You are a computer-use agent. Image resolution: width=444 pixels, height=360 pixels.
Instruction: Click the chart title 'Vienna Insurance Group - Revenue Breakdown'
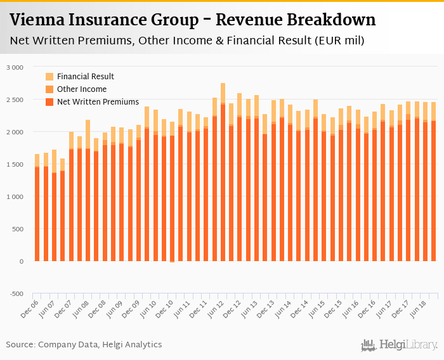193,20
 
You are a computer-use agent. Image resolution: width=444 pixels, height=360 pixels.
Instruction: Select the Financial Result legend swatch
50,77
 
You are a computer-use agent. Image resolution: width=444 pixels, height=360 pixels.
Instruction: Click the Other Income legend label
82,89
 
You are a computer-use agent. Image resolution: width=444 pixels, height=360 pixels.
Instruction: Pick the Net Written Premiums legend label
98,101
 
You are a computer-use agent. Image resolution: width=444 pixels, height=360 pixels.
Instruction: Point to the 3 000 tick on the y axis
14,67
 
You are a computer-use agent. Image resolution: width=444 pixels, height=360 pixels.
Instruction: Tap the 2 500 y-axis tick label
14,100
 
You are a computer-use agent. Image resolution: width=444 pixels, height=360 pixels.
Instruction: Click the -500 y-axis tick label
16,293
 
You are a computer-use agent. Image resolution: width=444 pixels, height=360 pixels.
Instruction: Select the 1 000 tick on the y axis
14,196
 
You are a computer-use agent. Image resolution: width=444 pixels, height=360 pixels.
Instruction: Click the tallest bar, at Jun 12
223,177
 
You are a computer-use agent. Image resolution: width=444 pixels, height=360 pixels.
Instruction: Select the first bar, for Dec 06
37,209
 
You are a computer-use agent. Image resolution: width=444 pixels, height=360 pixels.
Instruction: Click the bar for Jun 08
88,190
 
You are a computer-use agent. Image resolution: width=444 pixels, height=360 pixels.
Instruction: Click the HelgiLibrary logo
400,345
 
